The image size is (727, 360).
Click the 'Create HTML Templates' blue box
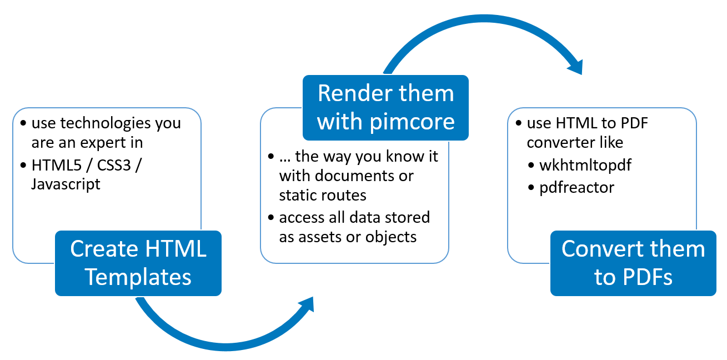[138, 263]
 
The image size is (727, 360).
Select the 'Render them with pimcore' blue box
[385, 107]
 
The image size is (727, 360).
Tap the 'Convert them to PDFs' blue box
[633, 263]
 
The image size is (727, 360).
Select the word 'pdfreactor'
[576, 187]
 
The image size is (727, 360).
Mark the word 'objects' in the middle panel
[391, 237]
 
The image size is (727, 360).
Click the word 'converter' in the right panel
[561, 142]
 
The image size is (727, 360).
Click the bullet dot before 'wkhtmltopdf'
[531, 166]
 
